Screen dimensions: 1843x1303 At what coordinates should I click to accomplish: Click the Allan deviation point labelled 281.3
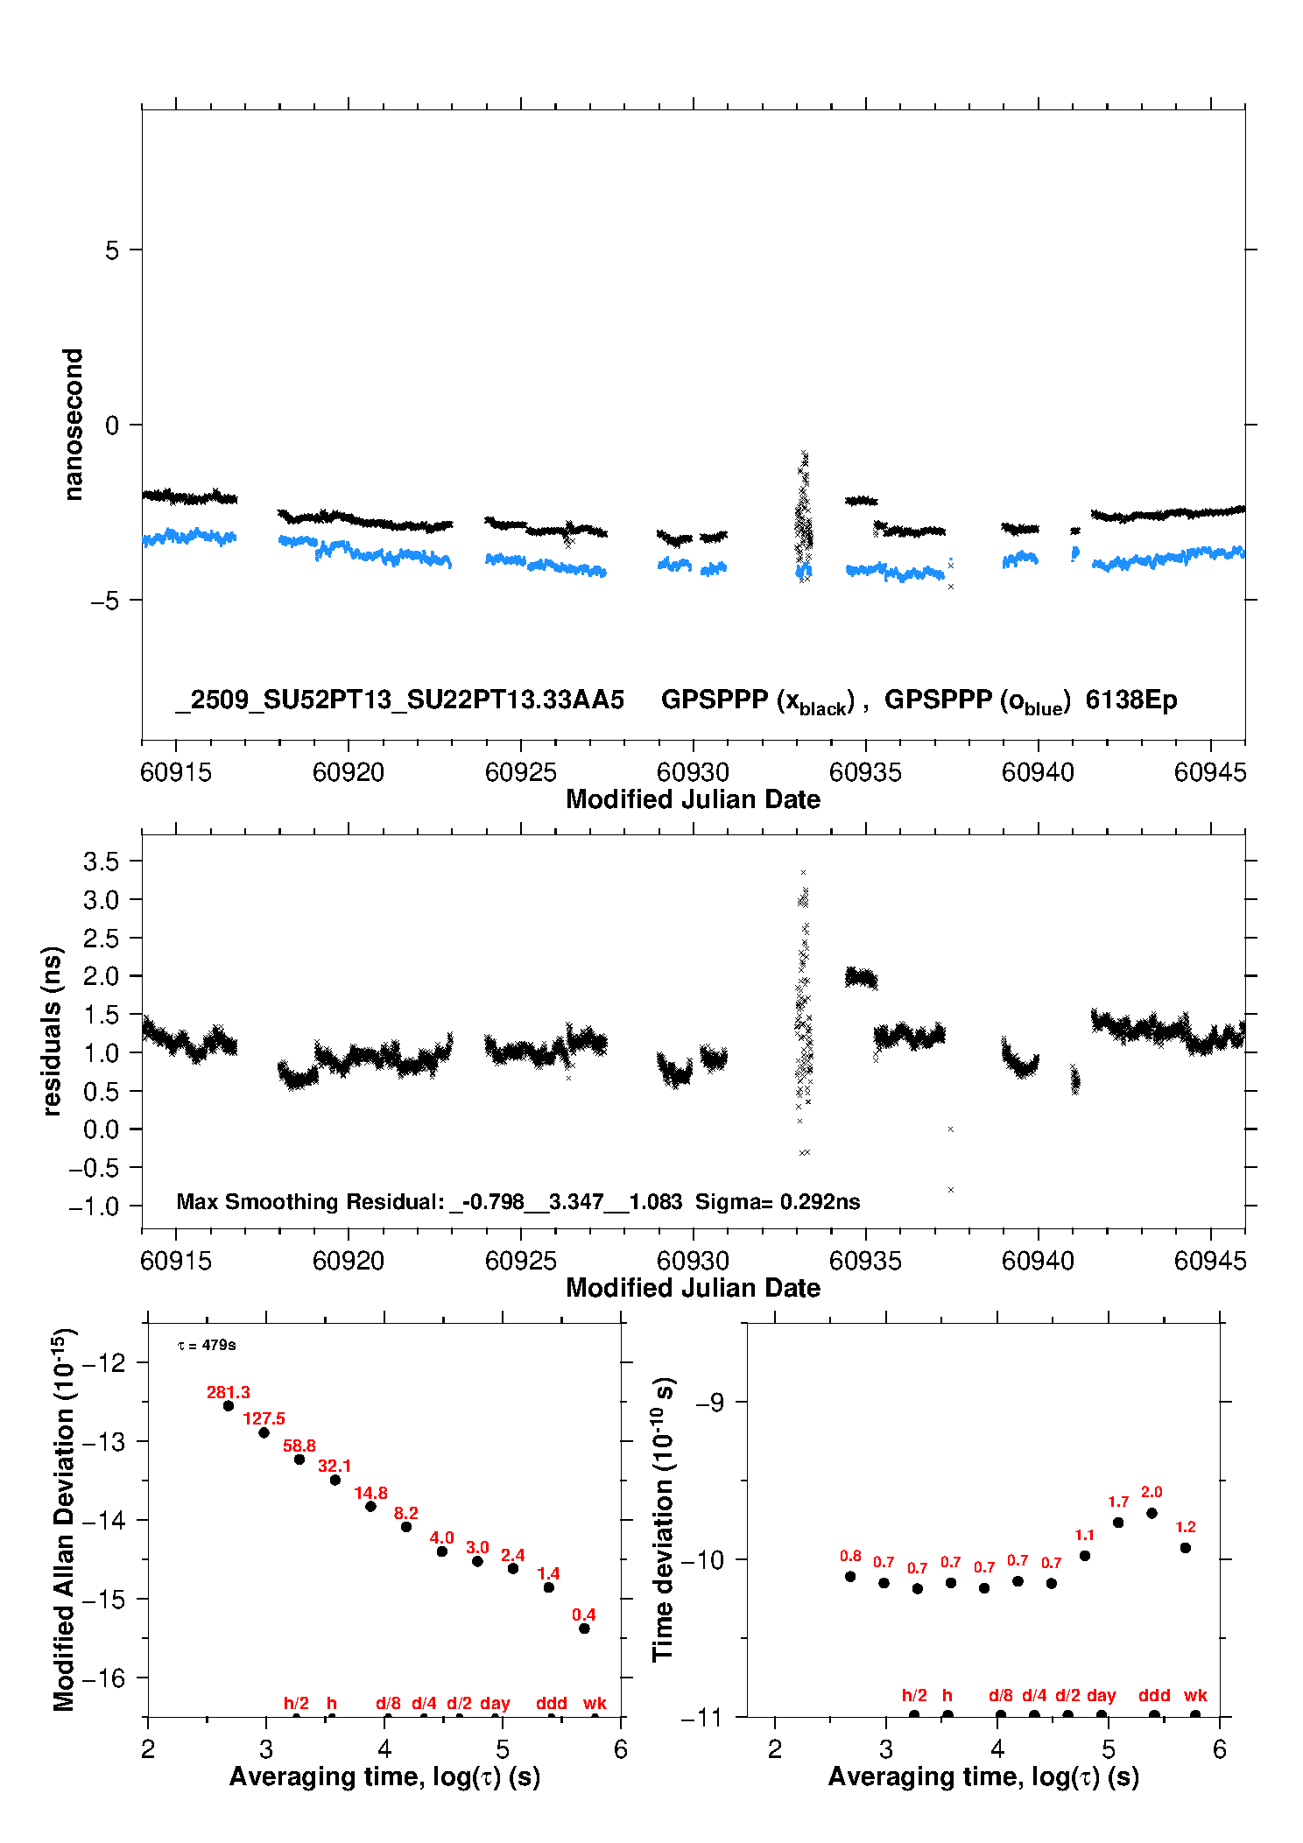(x=229, y=1405)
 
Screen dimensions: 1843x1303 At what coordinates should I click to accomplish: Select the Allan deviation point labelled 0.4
(x=584, y=1628)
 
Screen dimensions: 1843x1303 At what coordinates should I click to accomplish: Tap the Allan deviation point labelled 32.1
(x=335, y=1480)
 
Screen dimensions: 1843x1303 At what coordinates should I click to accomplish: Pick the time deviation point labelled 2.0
(x=1152, y=1513)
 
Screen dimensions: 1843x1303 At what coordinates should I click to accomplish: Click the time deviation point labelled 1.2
(x=1186, y=1548)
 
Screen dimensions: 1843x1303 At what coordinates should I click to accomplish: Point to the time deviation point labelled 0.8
(x=850, y=1577)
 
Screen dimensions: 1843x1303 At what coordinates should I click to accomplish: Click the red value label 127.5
(x=264, y=1418)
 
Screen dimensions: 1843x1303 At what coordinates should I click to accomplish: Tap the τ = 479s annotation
(x=207, y=1345)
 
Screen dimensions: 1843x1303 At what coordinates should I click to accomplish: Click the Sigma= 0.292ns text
(x=778, y=1201)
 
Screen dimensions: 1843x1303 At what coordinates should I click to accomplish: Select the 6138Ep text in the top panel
(x=1131, y=700)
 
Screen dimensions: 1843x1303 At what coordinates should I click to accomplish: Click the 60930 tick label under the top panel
(x=693, y=772)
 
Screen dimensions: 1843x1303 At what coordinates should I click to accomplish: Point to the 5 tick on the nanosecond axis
(x=112, y=250)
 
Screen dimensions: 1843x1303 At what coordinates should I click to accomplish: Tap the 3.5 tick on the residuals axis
(x=101, y=862)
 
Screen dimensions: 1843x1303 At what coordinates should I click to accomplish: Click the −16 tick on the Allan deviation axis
(x=103, y=1678)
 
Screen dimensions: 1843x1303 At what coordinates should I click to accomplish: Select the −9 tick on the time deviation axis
(x=708, y=1403)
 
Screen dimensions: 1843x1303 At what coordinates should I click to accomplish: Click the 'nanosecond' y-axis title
(x=74, y=424)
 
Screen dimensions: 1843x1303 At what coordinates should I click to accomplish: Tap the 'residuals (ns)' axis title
(x=53, y=1031)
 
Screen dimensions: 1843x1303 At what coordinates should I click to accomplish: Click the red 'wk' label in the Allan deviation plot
(x=595, y=1703)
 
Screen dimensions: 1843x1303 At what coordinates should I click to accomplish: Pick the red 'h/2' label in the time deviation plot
(x=914, y=1695)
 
